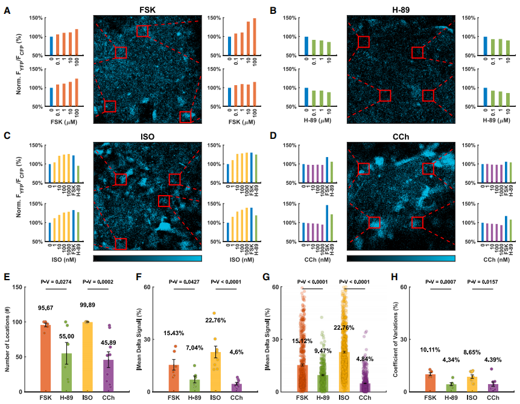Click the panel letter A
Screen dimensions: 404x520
(7, 11)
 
